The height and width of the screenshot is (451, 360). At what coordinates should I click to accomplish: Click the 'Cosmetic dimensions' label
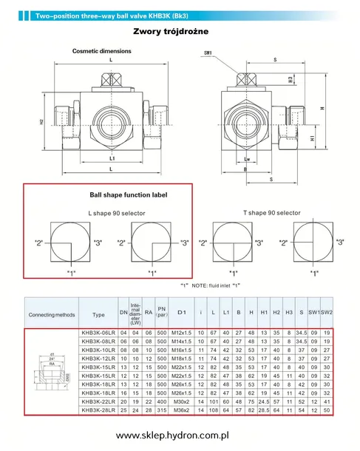click(101, 51)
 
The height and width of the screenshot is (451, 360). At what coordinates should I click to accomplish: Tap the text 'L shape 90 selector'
click(112, 213)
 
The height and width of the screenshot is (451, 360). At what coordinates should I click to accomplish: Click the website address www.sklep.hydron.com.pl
click(180, 435)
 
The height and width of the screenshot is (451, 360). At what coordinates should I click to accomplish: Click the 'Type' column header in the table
click(98, 314)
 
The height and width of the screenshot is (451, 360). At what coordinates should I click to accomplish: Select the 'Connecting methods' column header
click(52, 314)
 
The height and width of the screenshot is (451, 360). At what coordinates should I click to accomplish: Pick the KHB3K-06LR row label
click(98, 333)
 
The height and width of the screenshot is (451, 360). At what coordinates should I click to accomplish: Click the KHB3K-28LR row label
click(98, 409)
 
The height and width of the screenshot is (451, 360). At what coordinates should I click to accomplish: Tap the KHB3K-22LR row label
click(98, 401)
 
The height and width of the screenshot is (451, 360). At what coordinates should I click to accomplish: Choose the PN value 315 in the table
click(162, 409)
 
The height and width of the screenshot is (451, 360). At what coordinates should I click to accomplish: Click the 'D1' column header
click(181, 314)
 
